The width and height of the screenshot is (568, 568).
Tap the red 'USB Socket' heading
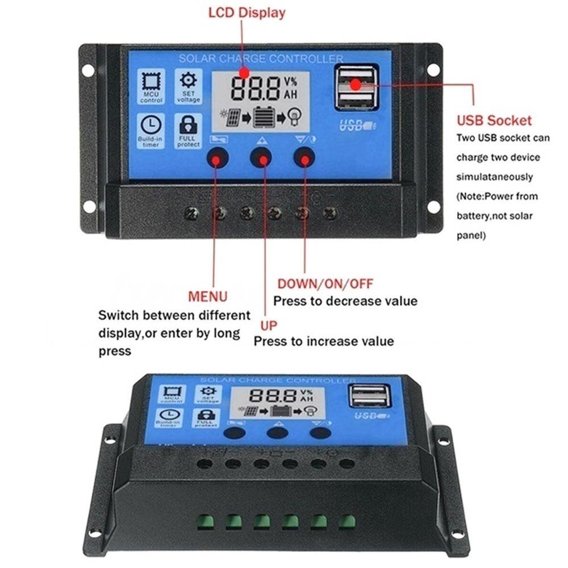point(494,120)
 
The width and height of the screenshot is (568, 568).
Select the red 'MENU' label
point(208,296)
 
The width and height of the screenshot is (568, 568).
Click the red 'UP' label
point(269,325)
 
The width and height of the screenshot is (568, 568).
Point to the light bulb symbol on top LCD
point(294,117)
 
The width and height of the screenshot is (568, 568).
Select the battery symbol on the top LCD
point(262,117)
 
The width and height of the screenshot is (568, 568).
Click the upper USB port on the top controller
point(356,77)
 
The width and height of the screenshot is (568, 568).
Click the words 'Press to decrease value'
point(345,301)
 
